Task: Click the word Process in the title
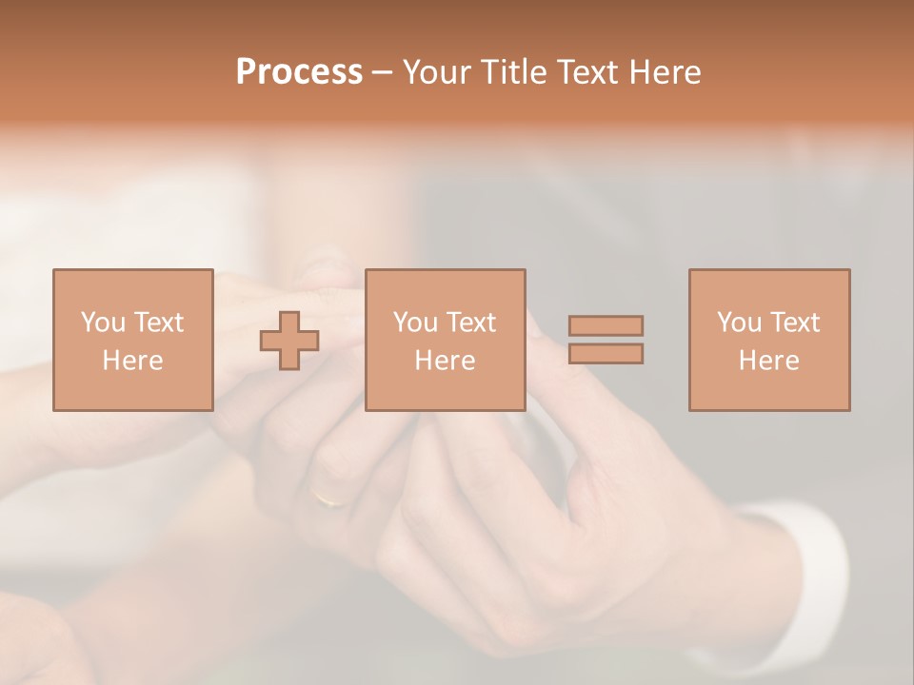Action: tap(299, 72)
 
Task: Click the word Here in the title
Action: tap(667, 72)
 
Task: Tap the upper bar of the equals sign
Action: tap(606, 325)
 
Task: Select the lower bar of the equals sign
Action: tap(606, 354)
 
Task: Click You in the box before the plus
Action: tap(103, 322)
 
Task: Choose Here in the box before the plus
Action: tap(132, 361)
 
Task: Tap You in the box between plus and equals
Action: tap(415, 322)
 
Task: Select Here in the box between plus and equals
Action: tap(445, 361)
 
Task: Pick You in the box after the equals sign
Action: tap(739, 322)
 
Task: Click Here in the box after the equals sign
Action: tap(768, 361)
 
